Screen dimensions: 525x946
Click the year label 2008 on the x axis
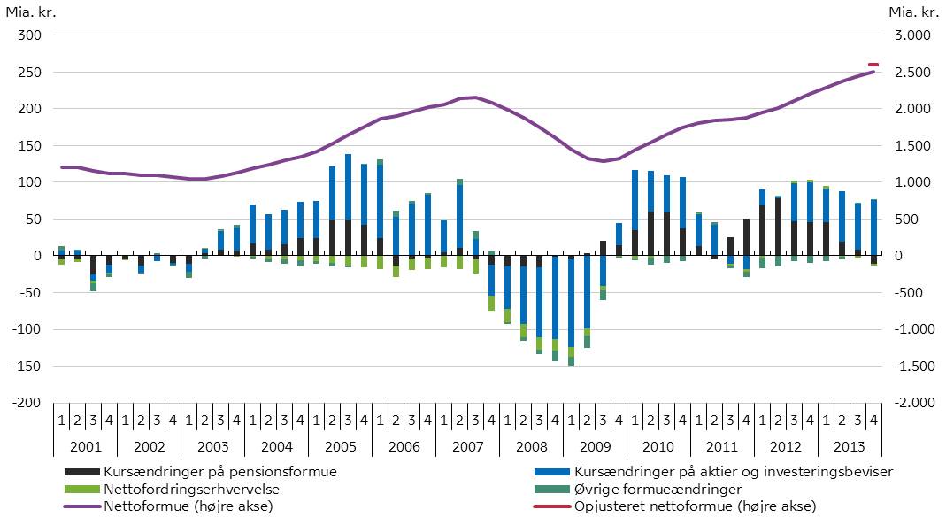(531, 447)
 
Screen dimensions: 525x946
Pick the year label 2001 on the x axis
(85, 447)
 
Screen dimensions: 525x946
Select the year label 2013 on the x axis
(850, 447)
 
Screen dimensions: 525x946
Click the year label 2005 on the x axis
(340, 447)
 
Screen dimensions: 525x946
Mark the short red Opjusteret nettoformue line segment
(873, 65)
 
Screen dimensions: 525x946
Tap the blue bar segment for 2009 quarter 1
(572, 301)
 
